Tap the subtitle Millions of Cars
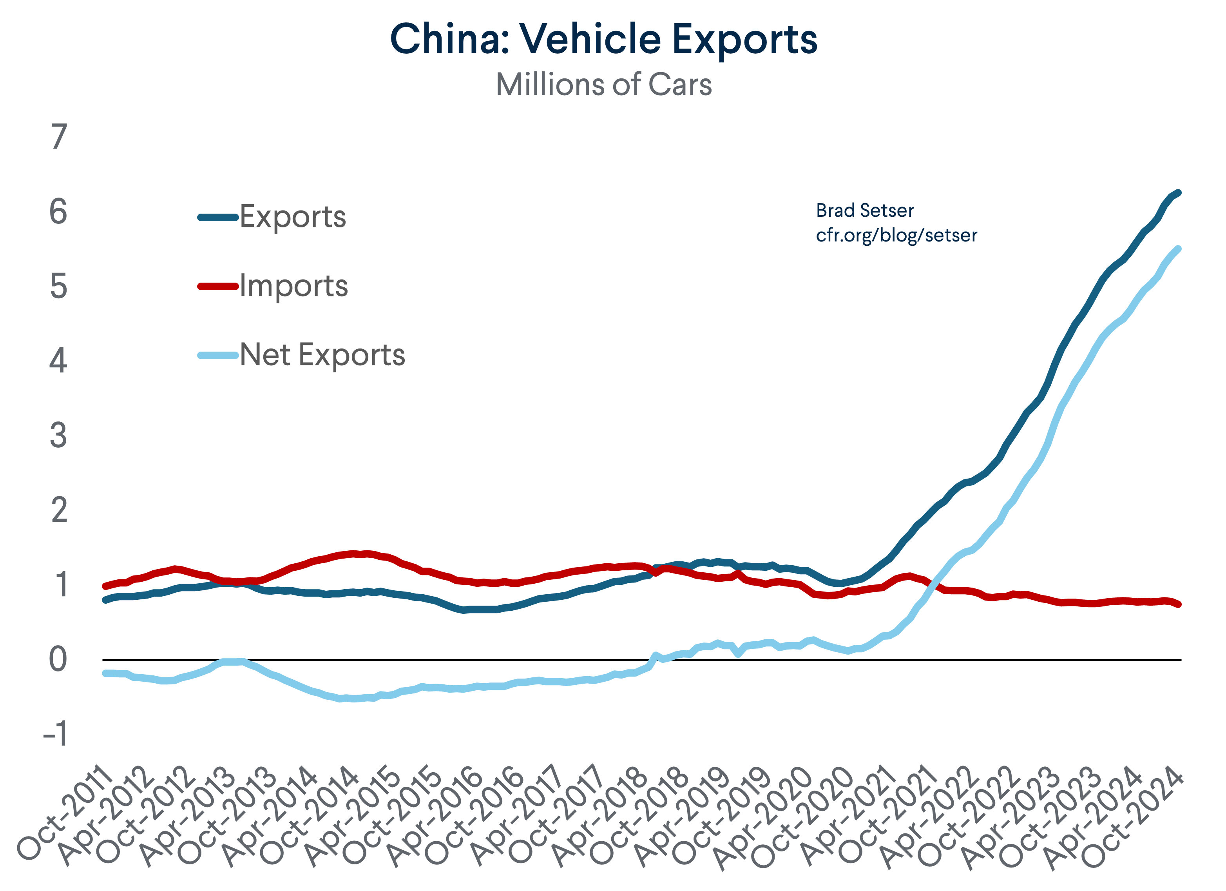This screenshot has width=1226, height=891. click(x=603, y=85)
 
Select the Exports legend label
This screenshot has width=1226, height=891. click(x=292, y=217)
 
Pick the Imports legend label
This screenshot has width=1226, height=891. click(x=293, y=286)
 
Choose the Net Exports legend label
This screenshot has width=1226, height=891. click(x=322, y=355)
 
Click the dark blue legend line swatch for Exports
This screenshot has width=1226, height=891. click(x=218, y=217)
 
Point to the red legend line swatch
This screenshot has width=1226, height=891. click(x=218, y=286)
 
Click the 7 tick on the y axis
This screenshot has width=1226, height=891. click(x=59, y=137)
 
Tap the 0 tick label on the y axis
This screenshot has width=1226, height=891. click(x=58, y=660)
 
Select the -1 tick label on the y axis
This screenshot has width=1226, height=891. click(x=56, y=734)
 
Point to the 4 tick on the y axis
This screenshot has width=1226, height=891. click(x=58, y=361)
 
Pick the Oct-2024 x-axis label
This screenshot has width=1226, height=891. click(x=1132, y=817)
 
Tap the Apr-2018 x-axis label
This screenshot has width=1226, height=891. click(x=601, y=817)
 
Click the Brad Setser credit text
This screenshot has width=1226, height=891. click(x=864, y=211)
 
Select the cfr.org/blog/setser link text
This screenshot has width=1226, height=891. click(x=896, y=235)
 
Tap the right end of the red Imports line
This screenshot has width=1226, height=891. click(x=1179, y=604)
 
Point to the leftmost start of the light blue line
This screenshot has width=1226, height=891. click(x=105, y=673)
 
